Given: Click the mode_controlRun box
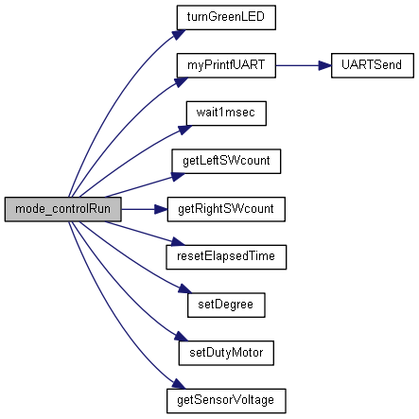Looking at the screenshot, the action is click(x=62, y=209).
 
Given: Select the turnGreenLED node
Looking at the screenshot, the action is click(x=226, y=18).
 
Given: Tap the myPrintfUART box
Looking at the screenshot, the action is click(x=226, y=65).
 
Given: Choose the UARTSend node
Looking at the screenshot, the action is click(x=373, y=65).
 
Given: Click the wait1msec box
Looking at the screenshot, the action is click(x=226, y=113).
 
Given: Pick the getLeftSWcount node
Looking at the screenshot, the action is click(x=226, y=162).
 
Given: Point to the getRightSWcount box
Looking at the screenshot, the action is click(x=226, y=209).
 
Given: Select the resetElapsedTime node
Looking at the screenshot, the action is click(x=226, y=257).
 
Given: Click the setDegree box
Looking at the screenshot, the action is click(x=226, y=306).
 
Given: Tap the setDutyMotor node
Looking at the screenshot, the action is click(x=226, y=353).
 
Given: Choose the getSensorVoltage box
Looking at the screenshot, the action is click(x=226, y=401).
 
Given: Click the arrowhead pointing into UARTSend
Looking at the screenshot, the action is click(x=324, y=65).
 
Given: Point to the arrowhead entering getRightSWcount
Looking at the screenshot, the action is click(x=161, y=209).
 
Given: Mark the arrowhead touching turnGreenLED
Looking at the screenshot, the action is click(x=179, y=34).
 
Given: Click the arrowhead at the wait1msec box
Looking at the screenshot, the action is click(x=185, y=130).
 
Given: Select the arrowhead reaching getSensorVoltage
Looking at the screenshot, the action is click(x=179, y=384).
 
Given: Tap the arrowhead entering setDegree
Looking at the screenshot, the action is click(x=185, y=288).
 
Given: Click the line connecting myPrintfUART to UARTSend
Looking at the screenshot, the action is click(x=304, y=65).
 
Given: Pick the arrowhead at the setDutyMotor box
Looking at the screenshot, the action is click(x=181, y=336).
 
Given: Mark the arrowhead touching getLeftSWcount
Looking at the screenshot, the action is click(x=178, y=177).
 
